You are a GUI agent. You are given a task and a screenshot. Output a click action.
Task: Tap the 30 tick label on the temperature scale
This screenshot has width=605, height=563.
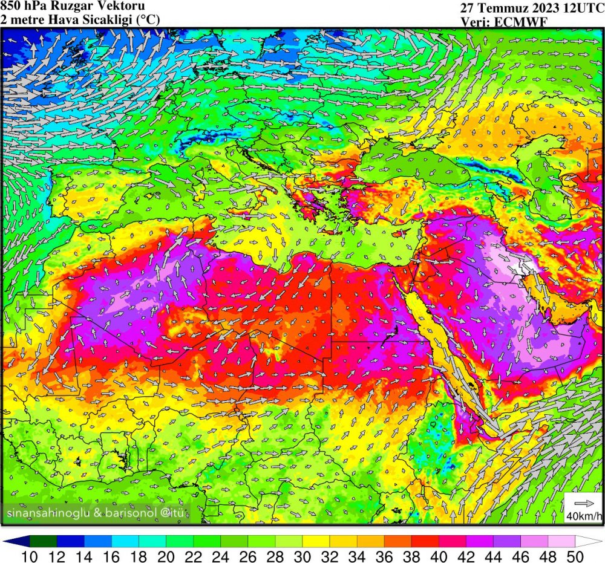tap(302, 555)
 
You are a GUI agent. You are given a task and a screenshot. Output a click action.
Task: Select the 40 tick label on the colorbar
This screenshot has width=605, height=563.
tap(438, 555)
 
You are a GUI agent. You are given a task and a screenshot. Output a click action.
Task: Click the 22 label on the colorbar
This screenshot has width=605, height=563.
tap(193, 555)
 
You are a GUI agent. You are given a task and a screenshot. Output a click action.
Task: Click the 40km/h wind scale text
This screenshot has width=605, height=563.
tap(584, 516)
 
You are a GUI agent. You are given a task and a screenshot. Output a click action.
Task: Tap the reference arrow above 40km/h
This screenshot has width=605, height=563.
tap(584, 503)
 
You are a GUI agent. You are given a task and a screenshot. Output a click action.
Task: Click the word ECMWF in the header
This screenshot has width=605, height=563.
tap(508, 22)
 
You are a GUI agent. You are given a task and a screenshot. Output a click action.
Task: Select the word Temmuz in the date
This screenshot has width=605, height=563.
tap(501, 8)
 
